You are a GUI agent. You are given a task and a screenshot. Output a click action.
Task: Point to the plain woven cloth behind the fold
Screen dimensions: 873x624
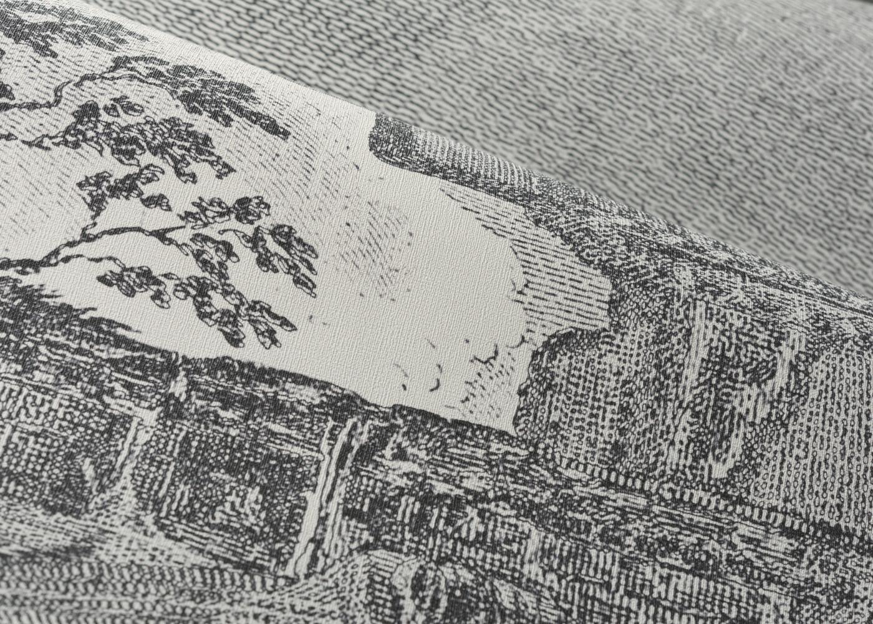(x=624, y=94)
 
